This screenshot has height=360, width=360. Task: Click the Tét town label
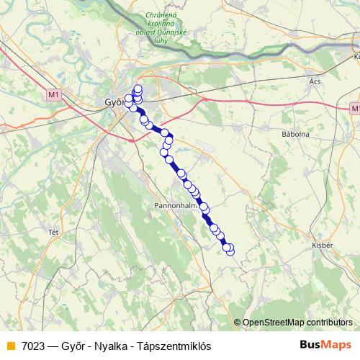point(53,232)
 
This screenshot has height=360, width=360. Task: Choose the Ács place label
point(314,81)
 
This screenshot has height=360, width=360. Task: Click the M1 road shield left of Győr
point(51,94)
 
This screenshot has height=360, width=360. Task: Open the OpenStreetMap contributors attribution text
point(297,323)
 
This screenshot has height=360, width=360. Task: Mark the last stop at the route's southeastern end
point(230,250)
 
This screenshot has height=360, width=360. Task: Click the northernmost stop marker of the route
point(138,89)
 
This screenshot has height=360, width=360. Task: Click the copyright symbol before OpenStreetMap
point(238,323)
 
